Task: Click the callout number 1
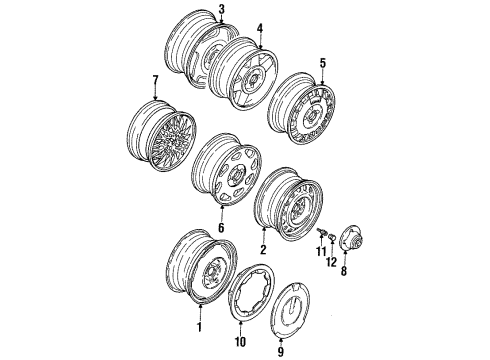pyautogui.click(x=199, y=327)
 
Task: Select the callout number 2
pyautogui.click(x=263, y=250)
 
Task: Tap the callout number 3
pyautogui.click(x=221, y=9)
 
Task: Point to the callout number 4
pyautogui.click(x=260, y=28)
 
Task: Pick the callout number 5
pyautogui.click(x=322, y=63)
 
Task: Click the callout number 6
pyautogui.click(x=221, y=228)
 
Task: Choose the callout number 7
pyautogui.click(x=155, y=80)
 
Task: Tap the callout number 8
pyautogui.click(x=344, y=271)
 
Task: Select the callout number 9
pyautogui.click(x=281, y=351)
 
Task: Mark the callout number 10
pyautogui.click(x=240, y=341)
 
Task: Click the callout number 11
pyautogui.click(x=321, y=251)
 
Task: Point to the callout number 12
pyautogui.click(x=332, y=262)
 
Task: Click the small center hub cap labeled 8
pyautogui.click(x=351, y=239)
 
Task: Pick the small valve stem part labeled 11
pyautogui.click(x=322, y=231)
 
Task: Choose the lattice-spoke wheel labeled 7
pyautogui.click(x=162, y=136)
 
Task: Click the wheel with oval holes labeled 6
pyautogui.click(x=227, y=168)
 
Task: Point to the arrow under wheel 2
pyautogui.click(x=264, y=235)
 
